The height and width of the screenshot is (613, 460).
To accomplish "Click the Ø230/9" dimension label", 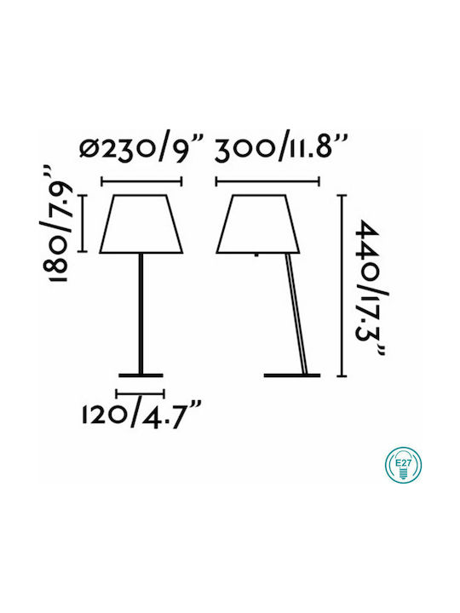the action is click(x=142, y=149).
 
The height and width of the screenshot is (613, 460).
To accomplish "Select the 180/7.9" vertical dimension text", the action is click(x=55, y=223).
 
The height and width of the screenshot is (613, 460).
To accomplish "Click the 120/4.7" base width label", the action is click(x=141, y=415).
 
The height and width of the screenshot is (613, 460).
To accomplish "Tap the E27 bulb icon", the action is click(x=403, y=465).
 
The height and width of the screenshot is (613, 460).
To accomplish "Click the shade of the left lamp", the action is click(x=141, y=224).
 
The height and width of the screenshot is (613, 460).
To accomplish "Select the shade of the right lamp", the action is click(x=258, y=224).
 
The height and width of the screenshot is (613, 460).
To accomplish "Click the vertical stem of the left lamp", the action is click(x=141, y=313).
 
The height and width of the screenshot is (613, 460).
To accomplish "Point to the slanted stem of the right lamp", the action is click(x=297, y=313).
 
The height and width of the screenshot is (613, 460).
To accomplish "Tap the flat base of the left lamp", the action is click(x=141, y=375).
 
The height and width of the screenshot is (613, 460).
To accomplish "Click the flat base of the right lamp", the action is click(x=292, y=375).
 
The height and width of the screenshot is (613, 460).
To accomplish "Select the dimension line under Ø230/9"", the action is click(x=141, y=181).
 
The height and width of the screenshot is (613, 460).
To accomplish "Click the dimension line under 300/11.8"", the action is click(x=268, y=181).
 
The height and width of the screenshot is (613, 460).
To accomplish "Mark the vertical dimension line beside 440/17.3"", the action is click(x=342, y=285).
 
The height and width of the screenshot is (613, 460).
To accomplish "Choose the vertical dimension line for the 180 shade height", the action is click(x=82, y=223).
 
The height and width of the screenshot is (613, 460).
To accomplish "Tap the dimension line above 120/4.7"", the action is click(x=140, y=392).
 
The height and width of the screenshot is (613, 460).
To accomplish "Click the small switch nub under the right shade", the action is click(x=256, y=255).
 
